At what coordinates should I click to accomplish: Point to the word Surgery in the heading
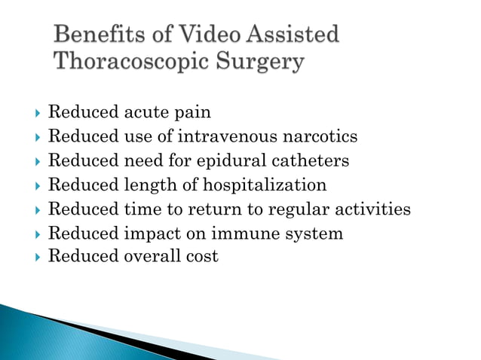tap(259, 62)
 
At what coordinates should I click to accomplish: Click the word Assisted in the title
tap(294, 35)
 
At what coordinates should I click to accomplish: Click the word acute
tap(144, 113)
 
